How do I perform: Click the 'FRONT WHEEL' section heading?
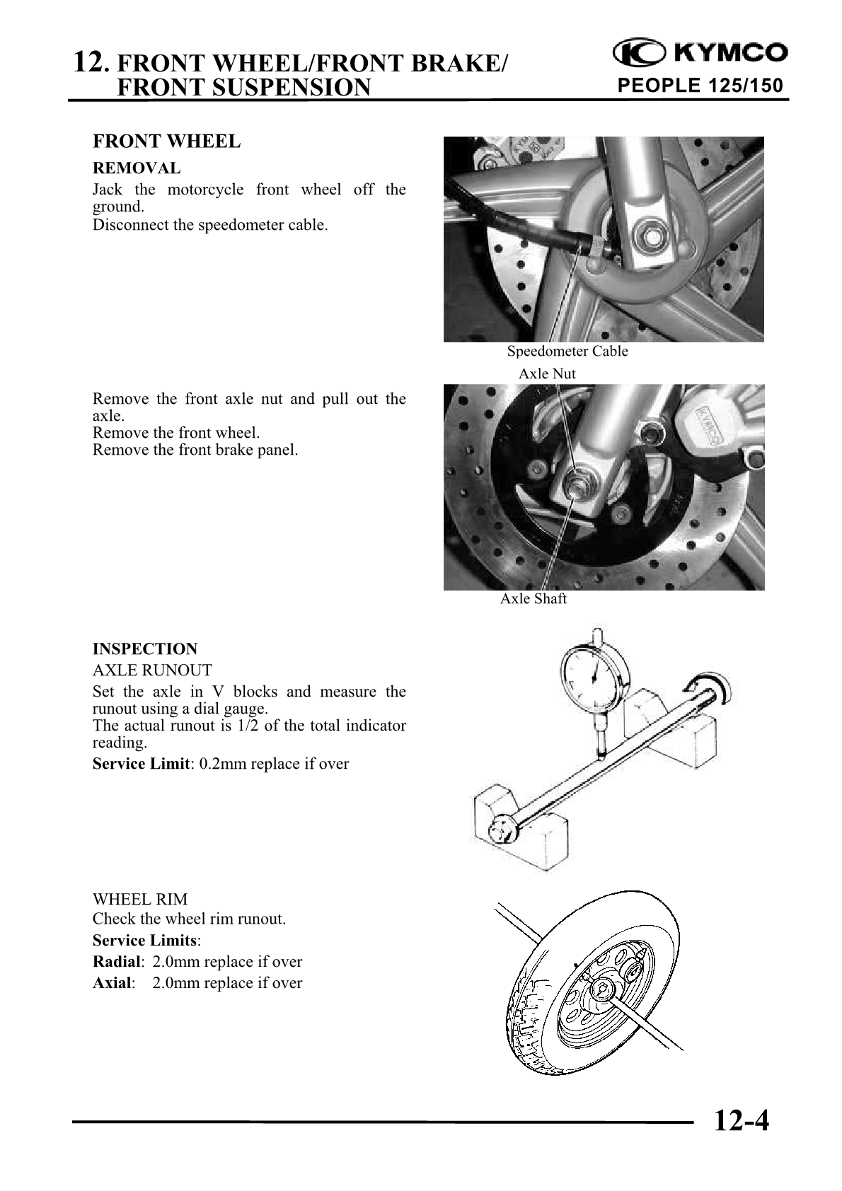click(166, 141)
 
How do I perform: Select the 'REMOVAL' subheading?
click(137, 168)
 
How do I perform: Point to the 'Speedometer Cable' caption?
click(567, 352)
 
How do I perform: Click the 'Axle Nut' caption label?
click(547, 373)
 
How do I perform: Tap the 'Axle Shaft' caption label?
click(534, 599)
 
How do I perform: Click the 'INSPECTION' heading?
click(145, 649)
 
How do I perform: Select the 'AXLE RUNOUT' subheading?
click(152, 670)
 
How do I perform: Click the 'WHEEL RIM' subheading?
click(140, 900)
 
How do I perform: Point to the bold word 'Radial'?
click(117, 962)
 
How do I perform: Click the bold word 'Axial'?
click(112, 983)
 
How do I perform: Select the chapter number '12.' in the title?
click(91, 63)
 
